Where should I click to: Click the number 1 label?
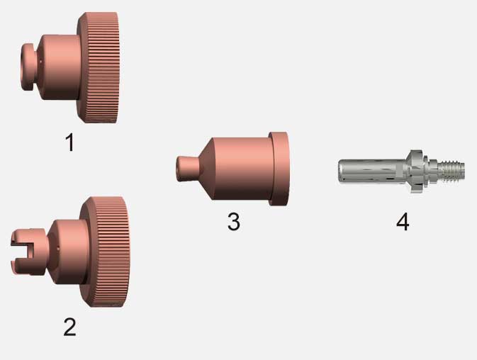tap(70, 142)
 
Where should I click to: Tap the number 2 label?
tap(69, 327)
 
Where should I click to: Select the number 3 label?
tap(234, 221)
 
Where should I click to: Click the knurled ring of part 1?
tap(99, 67)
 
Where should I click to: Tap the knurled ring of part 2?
tap(106, 252)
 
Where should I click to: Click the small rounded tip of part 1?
tap(28, 67)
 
